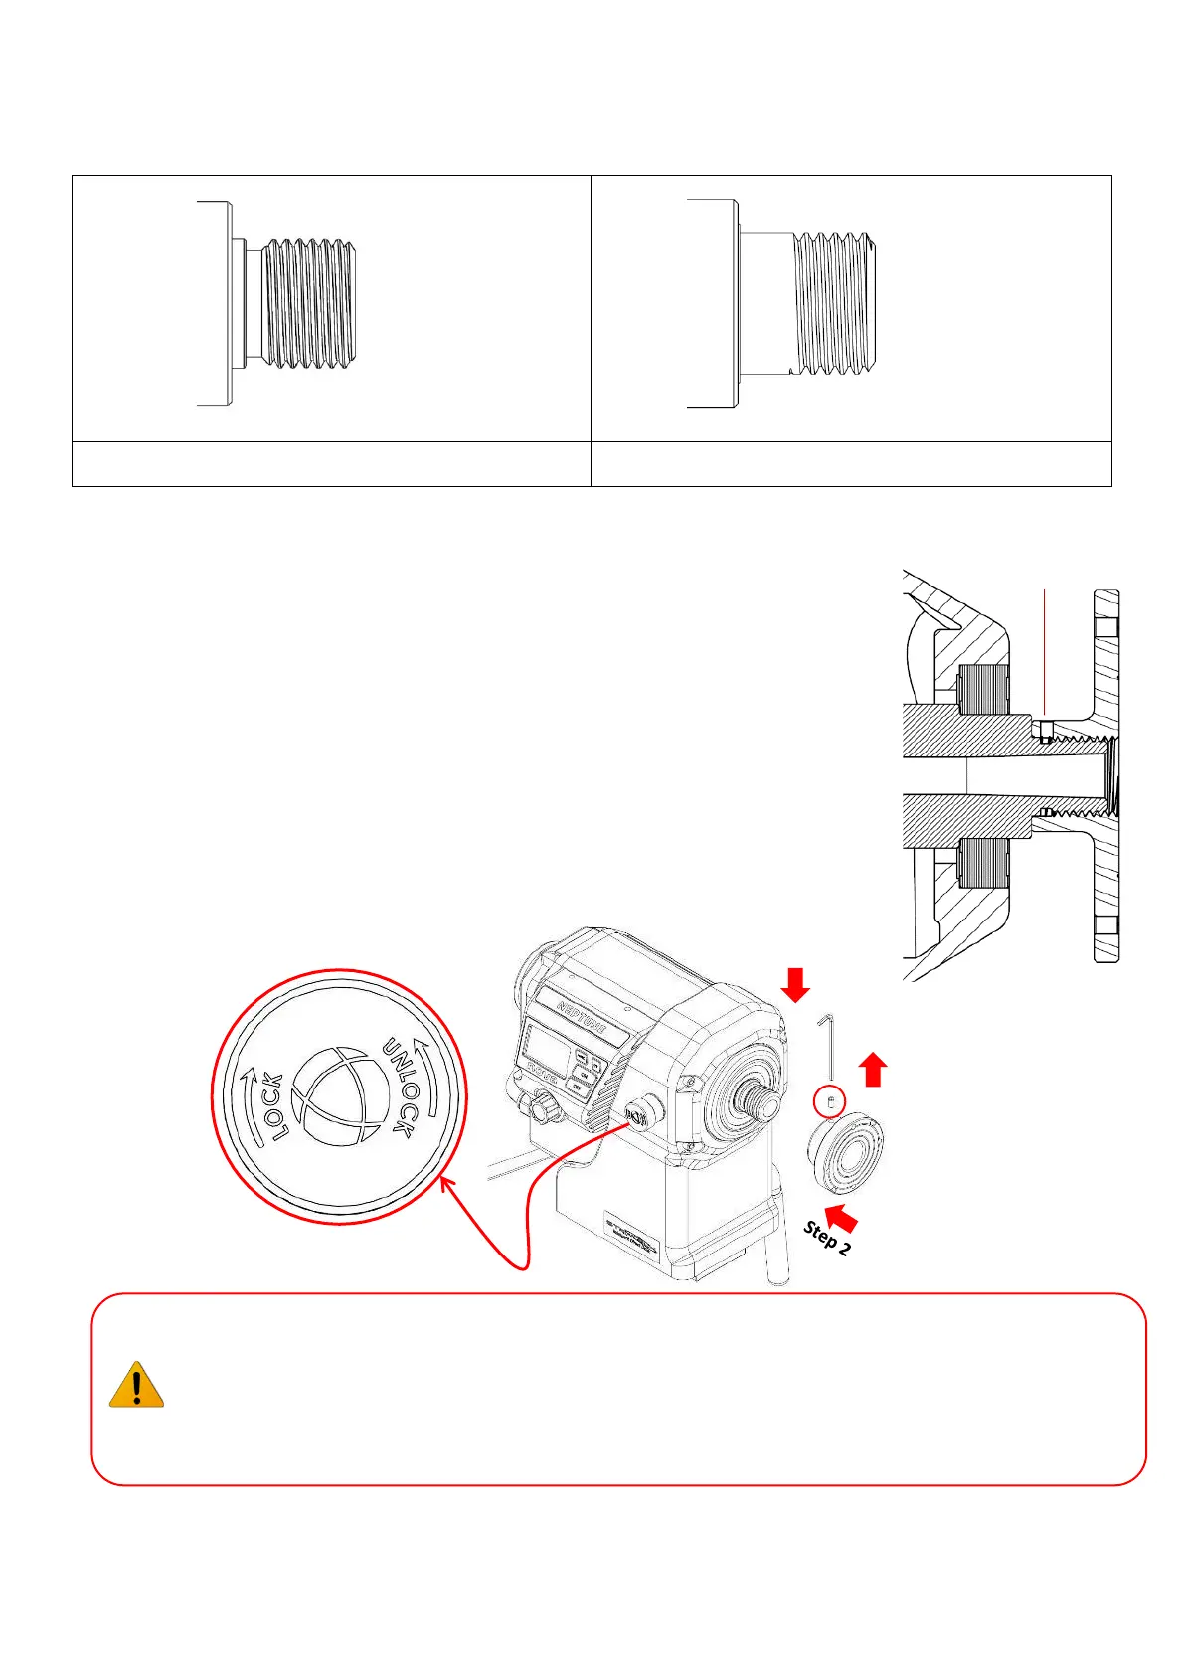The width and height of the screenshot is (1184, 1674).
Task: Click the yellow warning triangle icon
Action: coord(136,1385)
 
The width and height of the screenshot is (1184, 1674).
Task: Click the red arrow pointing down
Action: coord(795,985)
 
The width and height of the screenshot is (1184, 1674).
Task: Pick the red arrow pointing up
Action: coord(873,1069)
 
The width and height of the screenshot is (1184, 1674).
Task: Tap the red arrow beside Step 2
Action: coord(840,1217)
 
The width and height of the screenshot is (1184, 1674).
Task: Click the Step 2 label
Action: coord(826,1238)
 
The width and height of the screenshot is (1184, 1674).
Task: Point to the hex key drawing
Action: coord(828,1046)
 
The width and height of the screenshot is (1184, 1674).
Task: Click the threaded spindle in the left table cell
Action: coord(307,304)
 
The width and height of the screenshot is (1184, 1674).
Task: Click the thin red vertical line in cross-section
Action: coord(1045,651)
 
